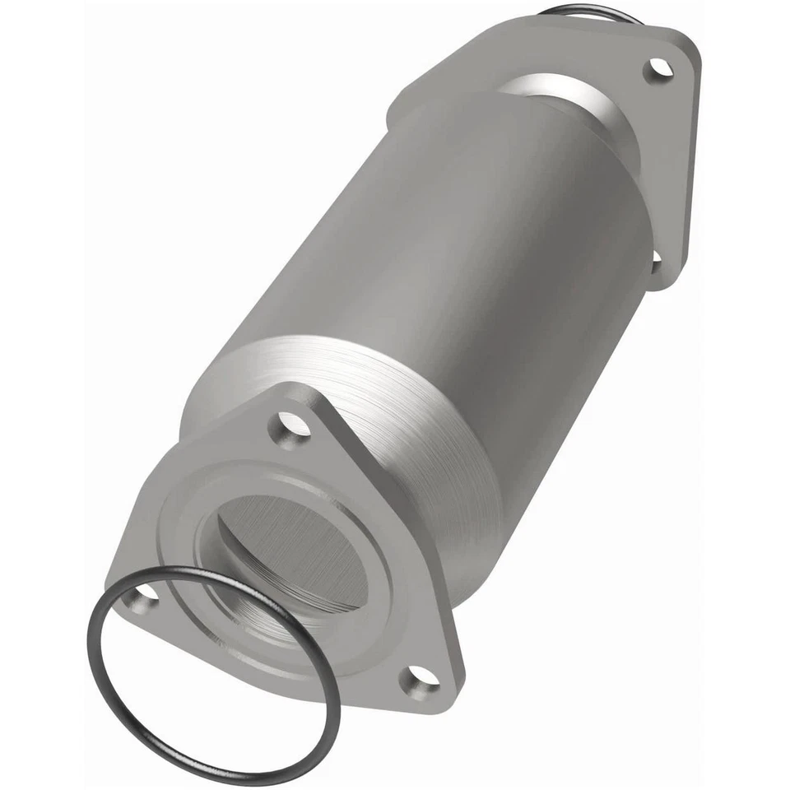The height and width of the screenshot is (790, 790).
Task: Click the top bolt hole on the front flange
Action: click(293, 425)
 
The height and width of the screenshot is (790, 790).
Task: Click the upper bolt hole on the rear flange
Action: click(658, 69)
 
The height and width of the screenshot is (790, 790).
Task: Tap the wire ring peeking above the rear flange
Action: click(580, 10)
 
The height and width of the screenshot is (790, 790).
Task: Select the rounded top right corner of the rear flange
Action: click(687, 45)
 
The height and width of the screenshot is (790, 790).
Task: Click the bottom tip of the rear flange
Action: click(671, 284)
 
